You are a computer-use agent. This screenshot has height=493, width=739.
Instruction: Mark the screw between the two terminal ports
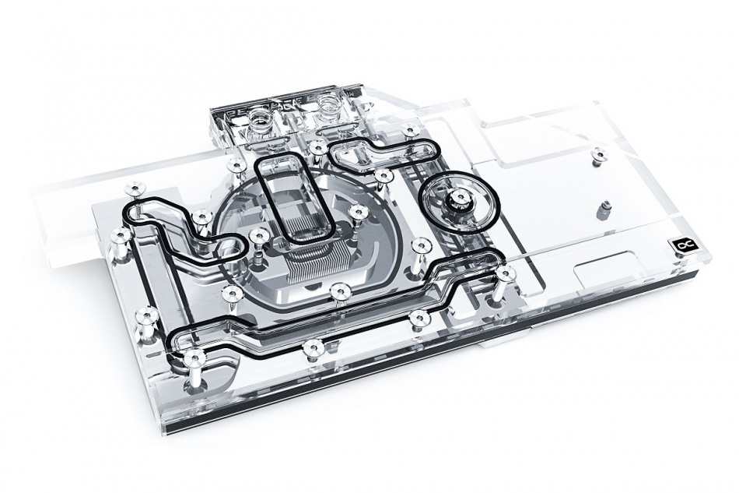[x=317, y=146]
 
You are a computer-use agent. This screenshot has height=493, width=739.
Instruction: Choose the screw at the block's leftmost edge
[x=120, y=234]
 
